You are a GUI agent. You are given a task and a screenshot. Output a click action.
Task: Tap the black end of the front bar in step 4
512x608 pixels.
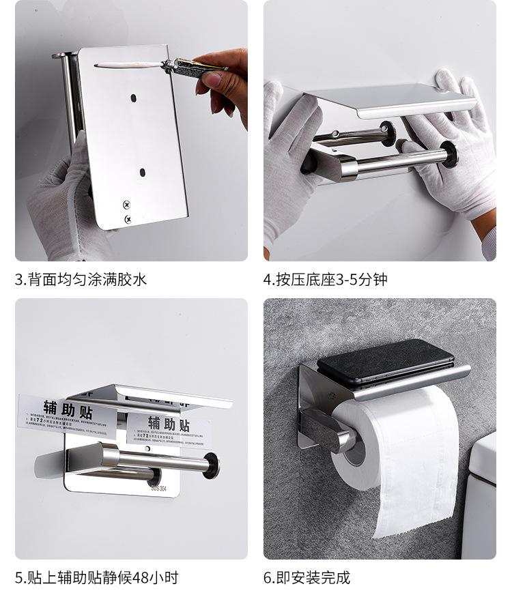pos(449,154)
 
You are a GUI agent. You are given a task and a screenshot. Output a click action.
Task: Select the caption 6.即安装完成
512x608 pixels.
pos(307,578)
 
